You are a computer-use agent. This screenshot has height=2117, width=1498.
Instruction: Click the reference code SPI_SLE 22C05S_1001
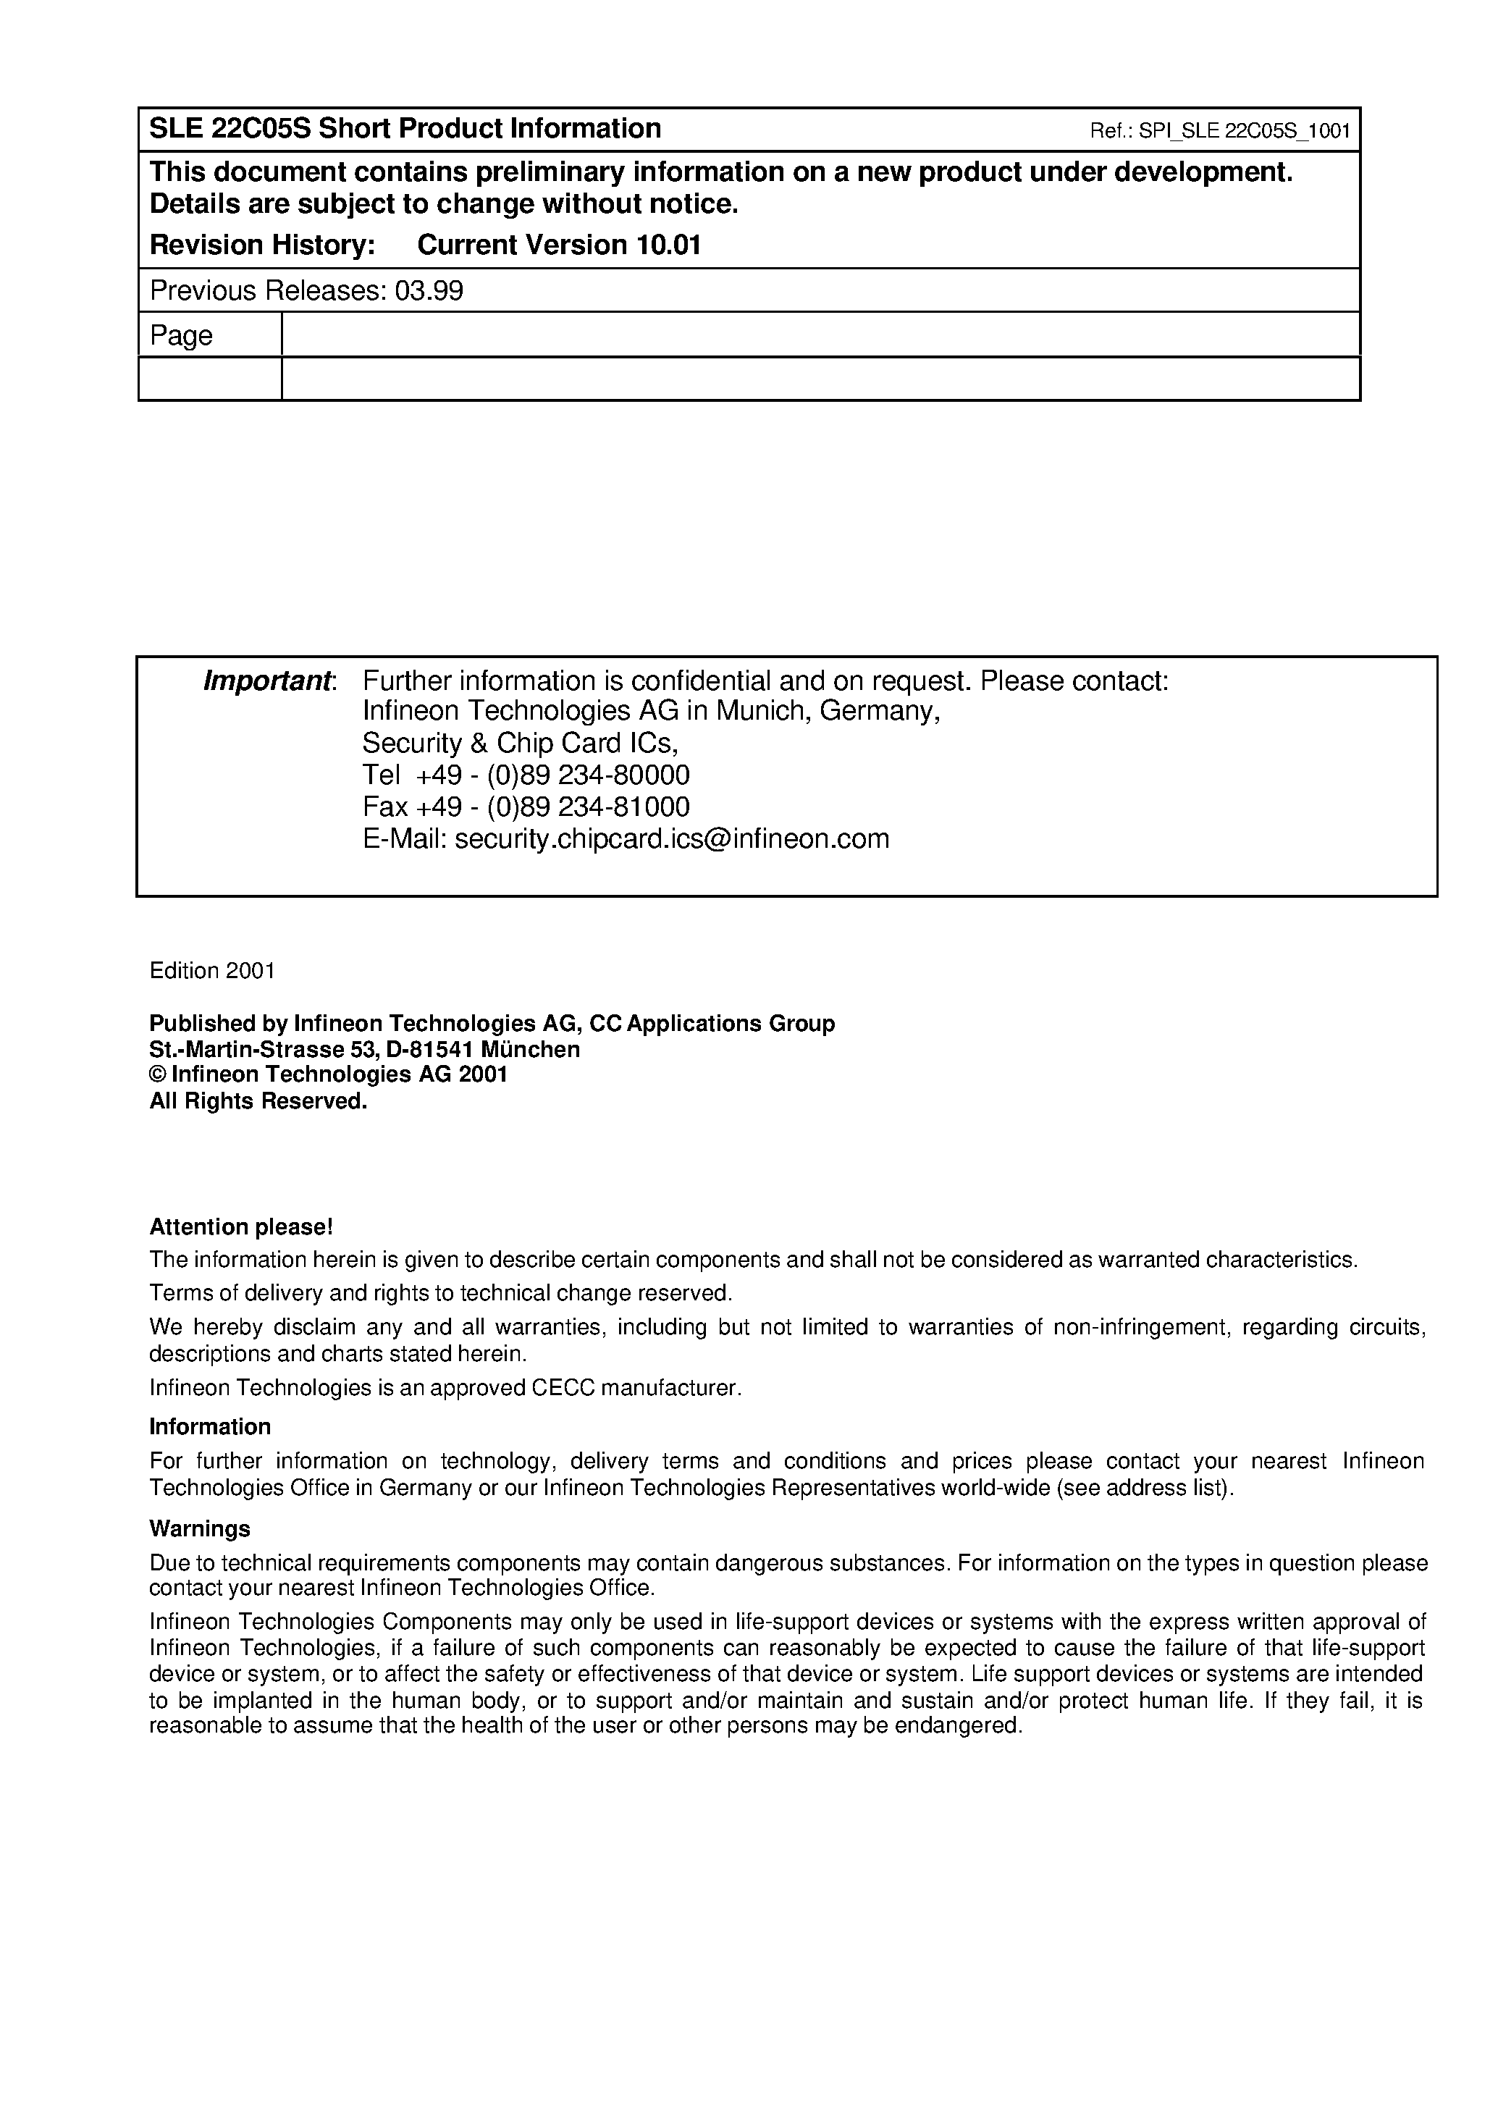[1245, 131]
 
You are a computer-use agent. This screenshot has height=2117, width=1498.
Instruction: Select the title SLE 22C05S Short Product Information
[405, 128]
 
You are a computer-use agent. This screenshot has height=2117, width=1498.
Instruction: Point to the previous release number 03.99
[429, 292]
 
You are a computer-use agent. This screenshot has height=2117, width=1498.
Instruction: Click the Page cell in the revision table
[182, 336]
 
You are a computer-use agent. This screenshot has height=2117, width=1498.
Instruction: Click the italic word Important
[267, 682]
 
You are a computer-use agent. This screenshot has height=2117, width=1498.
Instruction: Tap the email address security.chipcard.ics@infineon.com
[671, 838]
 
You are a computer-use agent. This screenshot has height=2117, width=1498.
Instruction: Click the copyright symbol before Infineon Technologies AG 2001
[158, 1074]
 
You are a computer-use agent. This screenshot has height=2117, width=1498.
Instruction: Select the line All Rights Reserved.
[258, 1101]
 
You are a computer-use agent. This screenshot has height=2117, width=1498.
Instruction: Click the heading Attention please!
[241, 1227]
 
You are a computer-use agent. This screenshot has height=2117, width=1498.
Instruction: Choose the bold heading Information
[210, 1427]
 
